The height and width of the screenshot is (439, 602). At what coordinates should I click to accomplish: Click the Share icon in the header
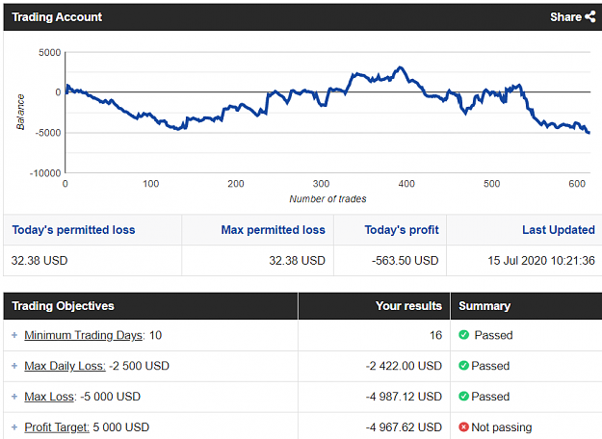(x=590, y=17)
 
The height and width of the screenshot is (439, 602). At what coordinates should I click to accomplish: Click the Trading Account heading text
(x=57, y=17)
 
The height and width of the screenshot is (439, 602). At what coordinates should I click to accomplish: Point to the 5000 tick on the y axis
(x=49, y=53)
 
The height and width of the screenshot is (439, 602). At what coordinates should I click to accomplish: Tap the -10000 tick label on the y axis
(x=45, y=173)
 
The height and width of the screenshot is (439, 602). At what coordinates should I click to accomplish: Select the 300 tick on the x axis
(x=321, y=184)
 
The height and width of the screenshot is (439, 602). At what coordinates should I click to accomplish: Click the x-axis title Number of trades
(x=327, y=198)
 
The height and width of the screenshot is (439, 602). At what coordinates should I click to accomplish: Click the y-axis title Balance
(x=20, y=112)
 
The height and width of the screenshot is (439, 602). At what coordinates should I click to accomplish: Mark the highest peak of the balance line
(x=401, y=67)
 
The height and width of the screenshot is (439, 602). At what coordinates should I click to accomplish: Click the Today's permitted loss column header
(x=73, y=230)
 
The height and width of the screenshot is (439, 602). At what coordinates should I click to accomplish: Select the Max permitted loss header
(x=273, y=230)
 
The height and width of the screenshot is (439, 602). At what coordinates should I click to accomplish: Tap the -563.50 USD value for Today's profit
(x=406, y=261)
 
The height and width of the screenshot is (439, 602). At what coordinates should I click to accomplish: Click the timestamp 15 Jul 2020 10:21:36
(x=541, y=261)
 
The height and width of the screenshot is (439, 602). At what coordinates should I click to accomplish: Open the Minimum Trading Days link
(x=83, y=335)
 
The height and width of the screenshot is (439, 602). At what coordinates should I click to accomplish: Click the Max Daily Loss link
(x=65, y=366)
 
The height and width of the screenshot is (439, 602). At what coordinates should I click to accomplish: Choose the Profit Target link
(x=57, y=427)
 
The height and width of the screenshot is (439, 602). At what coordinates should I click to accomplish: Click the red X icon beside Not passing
(x=464, y=426)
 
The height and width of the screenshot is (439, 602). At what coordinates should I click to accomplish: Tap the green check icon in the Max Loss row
(x=464, y=396)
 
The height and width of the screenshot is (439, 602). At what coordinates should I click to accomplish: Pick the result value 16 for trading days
(x=435, y=335)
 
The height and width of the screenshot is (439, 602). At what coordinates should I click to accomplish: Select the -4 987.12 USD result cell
(x=404, y=397)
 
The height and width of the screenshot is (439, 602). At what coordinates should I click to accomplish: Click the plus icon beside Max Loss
(x=14, y=397)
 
